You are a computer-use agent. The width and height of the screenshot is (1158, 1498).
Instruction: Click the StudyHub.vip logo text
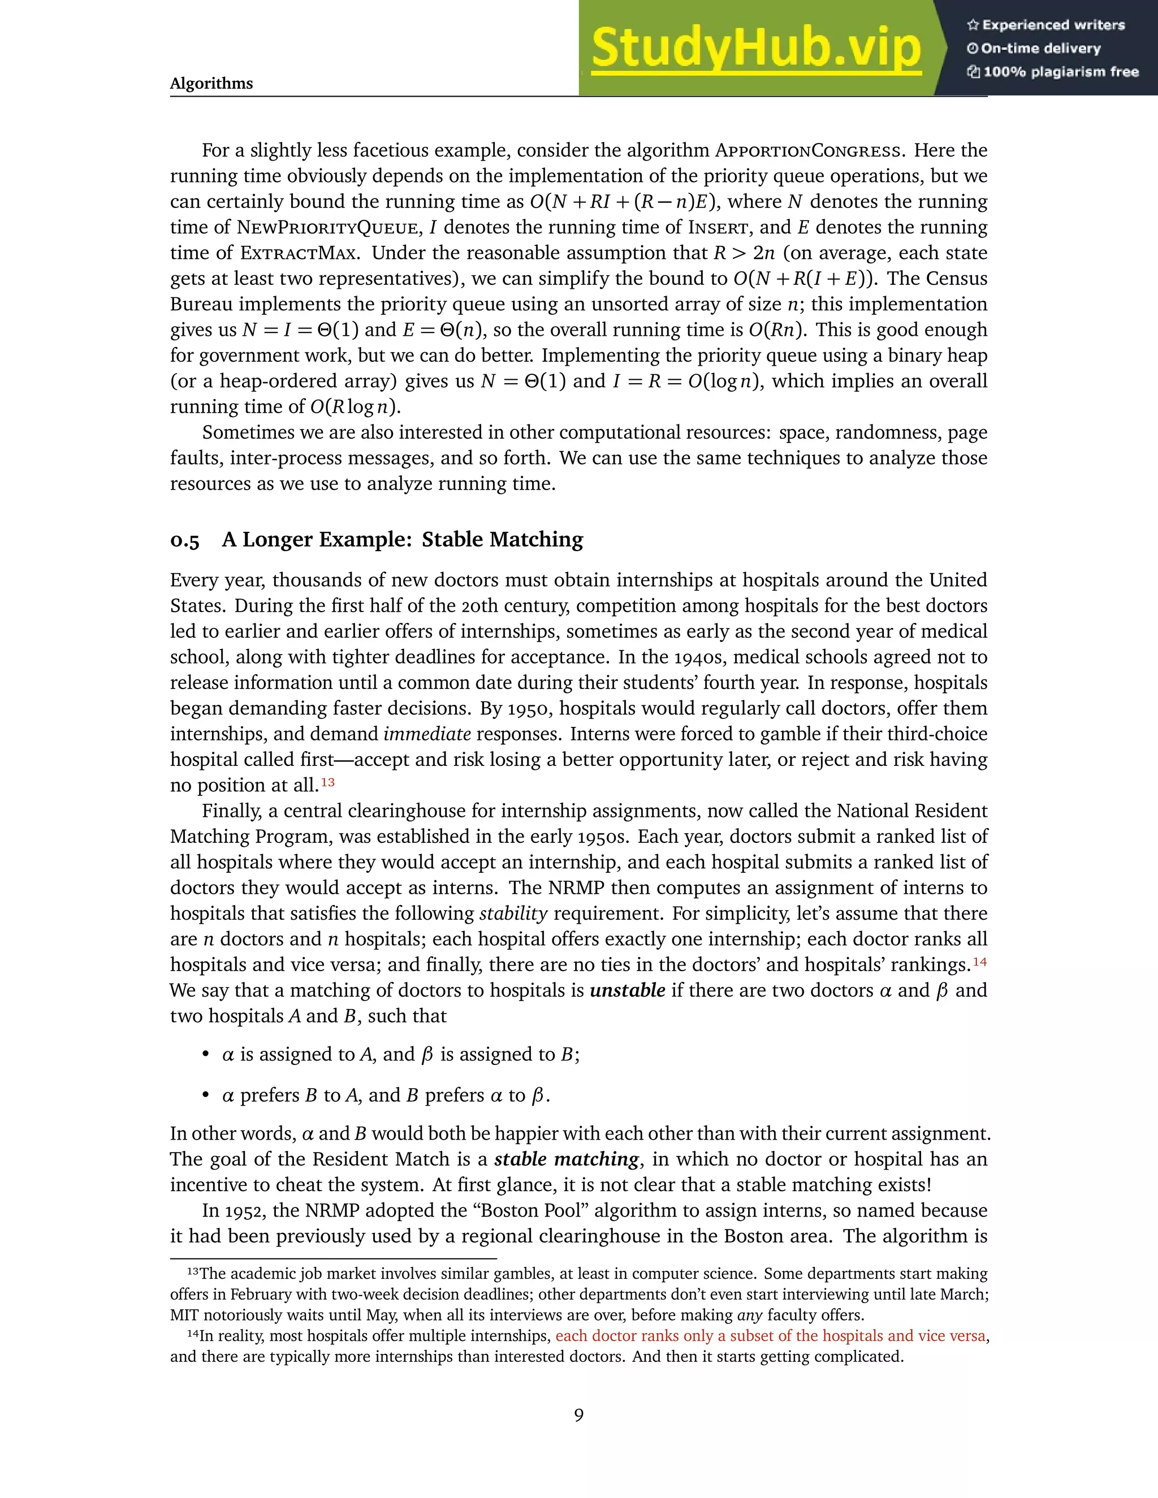(x=755, y=48)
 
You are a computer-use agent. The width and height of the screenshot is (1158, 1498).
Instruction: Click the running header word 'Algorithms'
(x=211, y=84)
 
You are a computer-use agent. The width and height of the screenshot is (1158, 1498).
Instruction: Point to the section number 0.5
(x=184, y=540)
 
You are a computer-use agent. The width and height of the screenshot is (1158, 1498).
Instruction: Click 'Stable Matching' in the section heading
(x=502, y=540)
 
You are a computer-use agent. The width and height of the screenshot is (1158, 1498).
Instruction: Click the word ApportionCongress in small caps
(x=808, y=151)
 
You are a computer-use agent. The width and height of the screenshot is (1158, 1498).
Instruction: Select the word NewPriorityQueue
(x=327, y=228)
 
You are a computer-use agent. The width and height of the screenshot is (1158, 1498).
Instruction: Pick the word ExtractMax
(x=299, y=253)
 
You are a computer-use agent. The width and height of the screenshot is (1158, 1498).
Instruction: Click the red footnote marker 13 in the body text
(x=328, y=782)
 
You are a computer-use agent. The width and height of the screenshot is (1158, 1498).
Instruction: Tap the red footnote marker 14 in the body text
(x=980, y=962)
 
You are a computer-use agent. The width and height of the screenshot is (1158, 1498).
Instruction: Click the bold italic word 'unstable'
(x=627, y=990)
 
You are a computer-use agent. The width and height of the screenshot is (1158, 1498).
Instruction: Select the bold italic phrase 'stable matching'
(x=567, y=1159)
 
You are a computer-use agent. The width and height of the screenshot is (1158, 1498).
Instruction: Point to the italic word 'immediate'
(x=427, y=734)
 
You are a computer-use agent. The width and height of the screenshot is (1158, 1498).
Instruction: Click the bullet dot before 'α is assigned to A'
(x=205, y=1054)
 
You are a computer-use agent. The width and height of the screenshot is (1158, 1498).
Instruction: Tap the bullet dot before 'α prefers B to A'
(x=205, y=1096)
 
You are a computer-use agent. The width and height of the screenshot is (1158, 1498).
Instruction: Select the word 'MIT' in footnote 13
(x=184, y=1315)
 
